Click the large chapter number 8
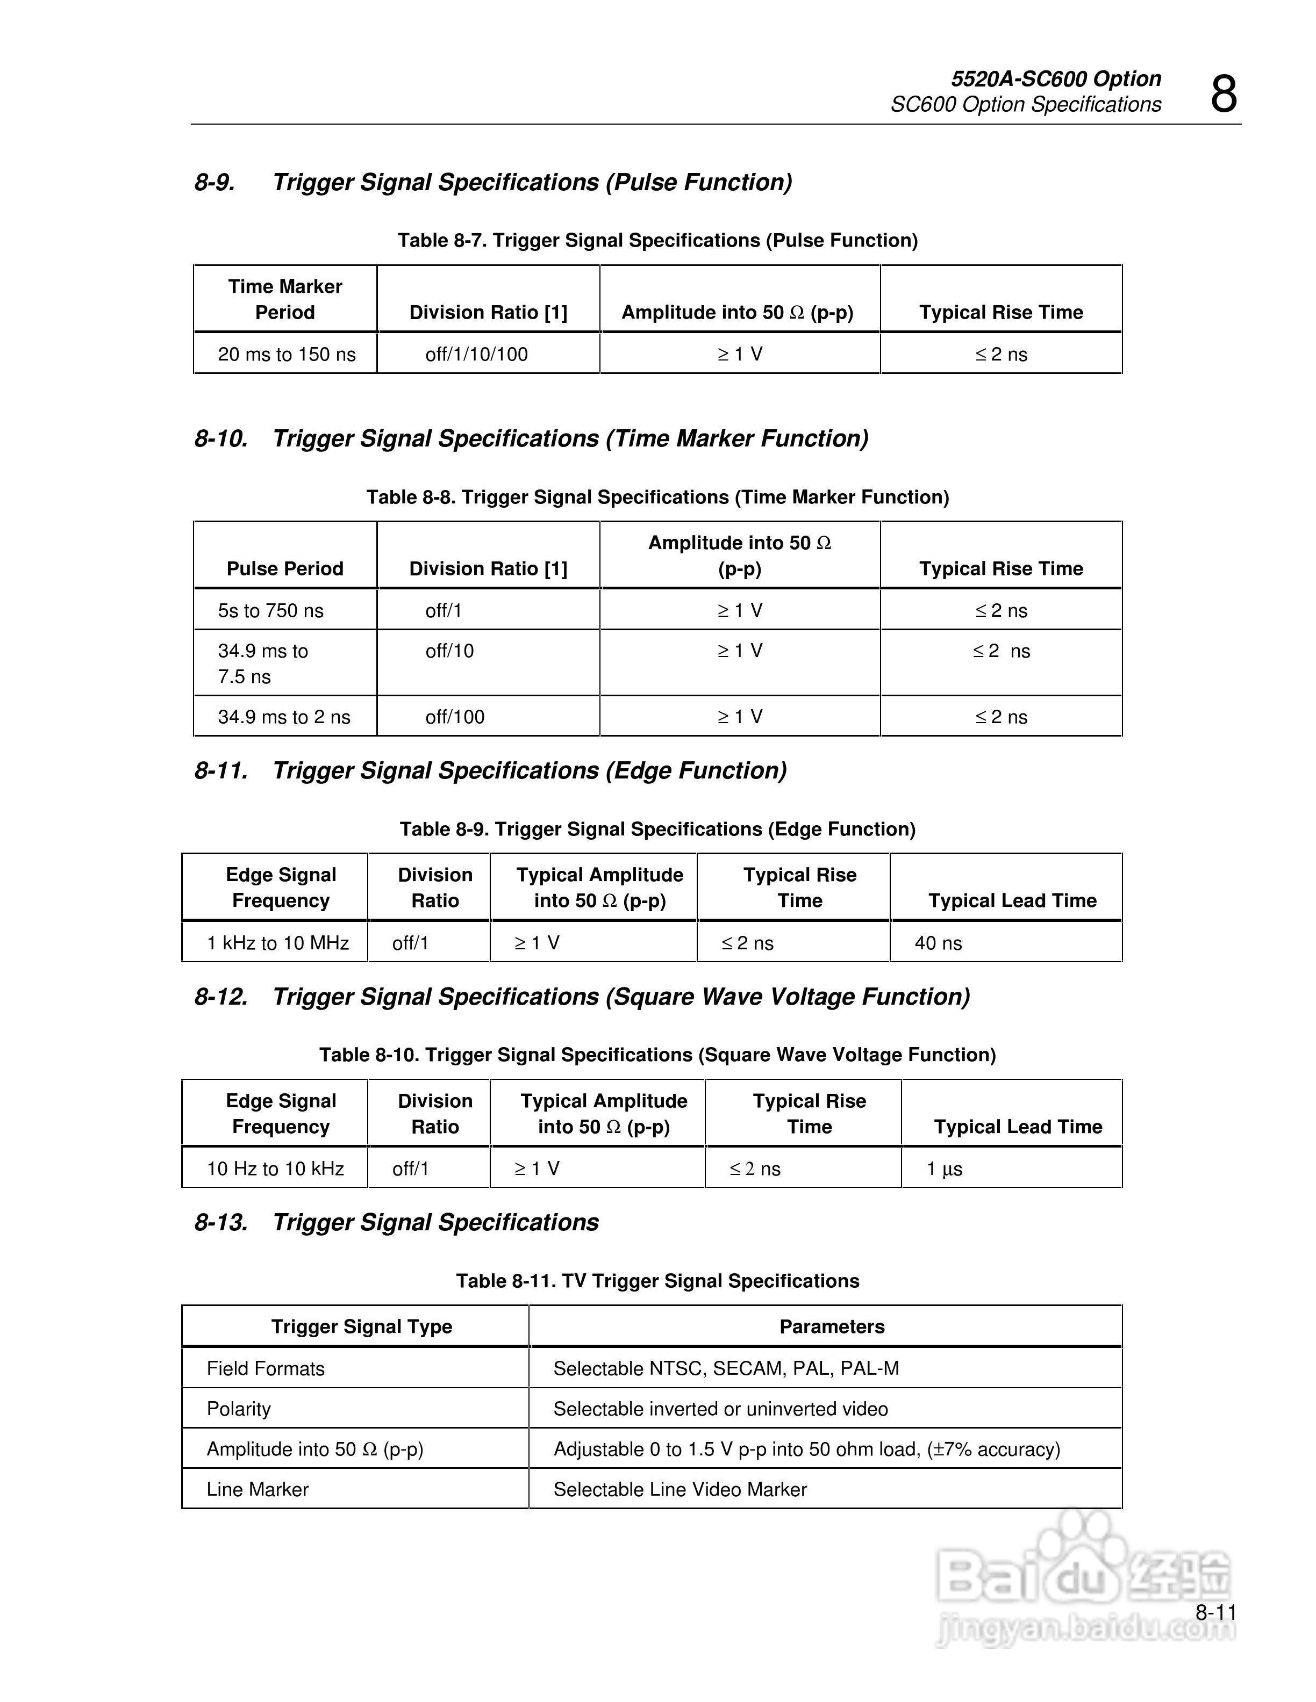click(x=1223, y=95)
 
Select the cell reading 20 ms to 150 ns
click(x=286, y=355)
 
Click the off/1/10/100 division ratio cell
click(x=476, y=355)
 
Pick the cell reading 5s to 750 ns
click(x=270, y=610)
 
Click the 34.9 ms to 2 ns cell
click(x=284, y=717)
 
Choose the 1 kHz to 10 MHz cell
click(x=277, y=943)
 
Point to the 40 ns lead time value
click(x=938, y=943)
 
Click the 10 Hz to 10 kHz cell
click(x=275, y=1168)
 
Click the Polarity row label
click(x=239, y=1409)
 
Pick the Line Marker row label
click(x=258, y=1489)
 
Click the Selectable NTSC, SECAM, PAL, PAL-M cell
click(x=726, y=1368)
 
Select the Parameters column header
click(x=832, y=1326)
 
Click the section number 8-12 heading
click(x=221, y=997)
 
